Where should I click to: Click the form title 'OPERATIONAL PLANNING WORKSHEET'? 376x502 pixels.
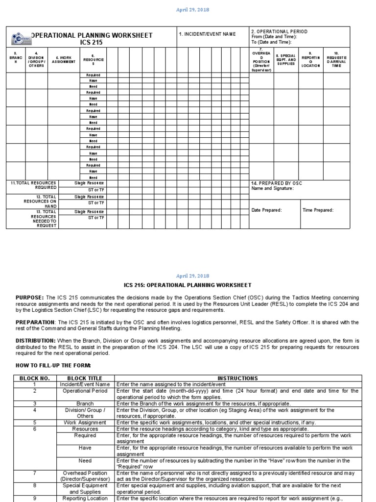coord(92,35)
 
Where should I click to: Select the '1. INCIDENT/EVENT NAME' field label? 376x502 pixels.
coord(207,34)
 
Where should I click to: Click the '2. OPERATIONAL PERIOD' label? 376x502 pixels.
coord(279,31)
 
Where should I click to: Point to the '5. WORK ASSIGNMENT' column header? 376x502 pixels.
coord(64,59)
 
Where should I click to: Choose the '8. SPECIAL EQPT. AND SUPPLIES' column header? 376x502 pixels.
coord(286,60)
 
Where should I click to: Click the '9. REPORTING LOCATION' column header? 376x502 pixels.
coord(310,60)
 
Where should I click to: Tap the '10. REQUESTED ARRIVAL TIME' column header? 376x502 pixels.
coord(336,59)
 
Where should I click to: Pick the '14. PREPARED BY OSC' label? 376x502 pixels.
coord(277,183)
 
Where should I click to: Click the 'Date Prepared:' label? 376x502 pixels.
coord(266,210)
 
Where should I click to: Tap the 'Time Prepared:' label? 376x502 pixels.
coord(318,210)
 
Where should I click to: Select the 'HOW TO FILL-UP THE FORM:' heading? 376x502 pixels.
coord(53,365)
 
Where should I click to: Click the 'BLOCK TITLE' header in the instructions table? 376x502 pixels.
coord(85,378)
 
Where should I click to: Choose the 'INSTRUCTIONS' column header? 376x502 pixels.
coord(237,378)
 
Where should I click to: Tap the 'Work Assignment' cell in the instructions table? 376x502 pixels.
coord(85,422)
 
